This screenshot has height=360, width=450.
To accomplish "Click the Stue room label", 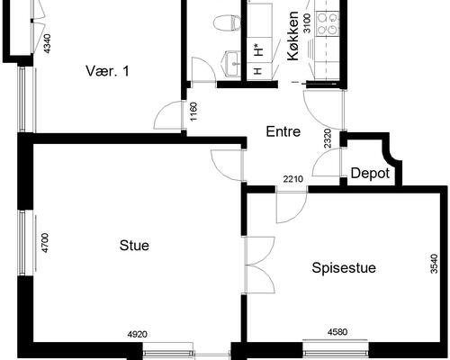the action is click(134, 246).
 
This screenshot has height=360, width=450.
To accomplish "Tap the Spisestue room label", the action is click(344, 267).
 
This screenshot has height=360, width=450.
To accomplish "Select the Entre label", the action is click(283, 131).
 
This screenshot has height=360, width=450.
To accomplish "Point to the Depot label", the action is click(370, 174).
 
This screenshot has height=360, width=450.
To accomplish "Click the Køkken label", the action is click(293, 36).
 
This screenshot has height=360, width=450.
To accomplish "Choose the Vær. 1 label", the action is click(107, 71).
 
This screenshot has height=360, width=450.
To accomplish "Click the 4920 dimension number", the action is click(138, 334).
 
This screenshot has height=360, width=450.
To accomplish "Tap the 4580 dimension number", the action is click(337, 332).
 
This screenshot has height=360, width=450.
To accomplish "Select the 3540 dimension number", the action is click(434, 264).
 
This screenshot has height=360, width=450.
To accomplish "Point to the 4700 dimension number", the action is click(45, 243).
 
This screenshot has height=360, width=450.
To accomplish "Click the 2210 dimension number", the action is click(293, 179).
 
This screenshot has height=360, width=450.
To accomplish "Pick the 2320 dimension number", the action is click(328, 139).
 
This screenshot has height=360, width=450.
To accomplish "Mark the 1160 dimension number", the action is click(193, 112).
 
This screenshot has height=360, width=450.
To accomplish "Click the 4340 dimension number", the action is click(47, 44).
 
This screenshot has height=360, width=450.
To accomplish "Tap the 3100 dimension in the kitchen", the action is click(308, 23).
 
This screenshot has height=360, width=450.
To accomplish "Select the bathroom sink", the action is click(231, 64).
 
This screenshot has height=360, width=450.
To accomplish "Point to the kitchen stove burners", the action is click(328, 23).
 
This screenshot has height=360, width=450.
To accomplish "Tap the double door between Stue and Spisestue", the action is click(260, 265).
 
